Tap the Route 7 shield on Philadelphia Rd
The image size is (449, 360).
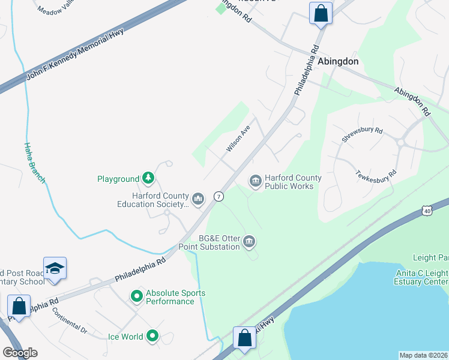219,196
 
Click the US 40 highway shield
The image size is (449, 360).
427,210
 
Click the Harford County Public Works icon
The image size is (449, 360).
255,181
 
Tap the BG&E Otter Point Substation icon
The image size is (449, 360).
250,242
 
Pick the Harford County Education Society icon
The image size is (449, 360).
199,198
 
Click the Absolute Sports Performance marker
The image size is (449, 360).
136,296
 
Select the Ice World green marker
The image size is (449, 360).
153,337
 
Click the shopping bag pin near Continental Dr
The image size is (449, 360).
19,306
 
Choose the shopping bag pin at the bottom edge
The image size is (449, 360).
245,338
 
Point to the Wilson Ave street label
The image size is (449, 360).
238,139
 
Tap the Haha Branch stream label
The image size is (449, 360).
35,162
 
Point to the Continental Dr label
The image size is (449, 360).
70,321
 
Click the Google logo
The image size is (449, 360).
20,353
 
